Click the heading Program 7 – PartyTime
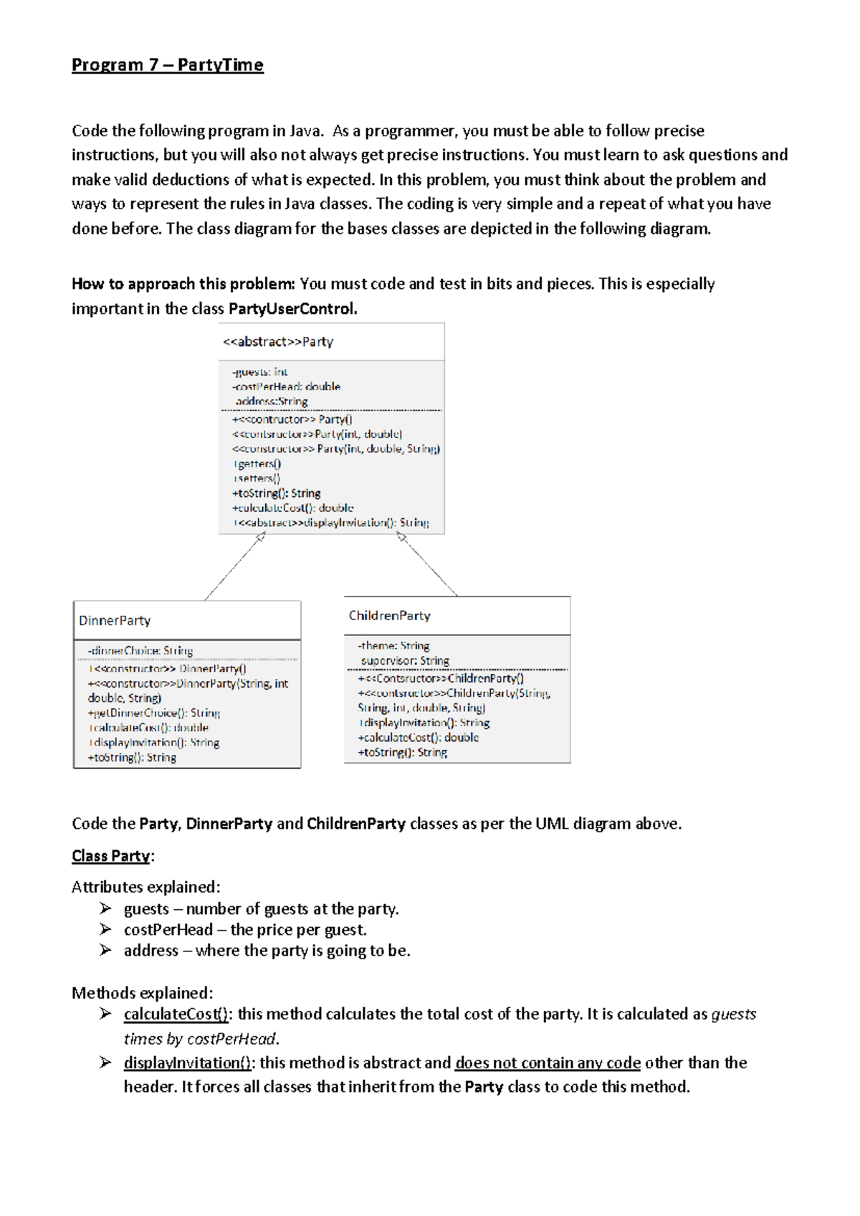[167, 65]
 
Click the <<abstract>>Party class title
[278, 342]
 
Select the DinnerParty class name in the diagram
[115, 621]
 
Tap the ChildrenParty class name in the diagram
[389, 616]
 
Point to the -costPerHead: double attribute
[286, 386]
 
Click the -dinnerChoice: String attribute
[140, 651]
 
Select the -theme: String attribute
[393, 646]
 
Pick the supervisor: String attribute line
[405, 661]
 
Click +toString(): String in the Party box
[276, 493]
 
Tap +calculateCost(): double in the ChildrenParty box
[418, 738]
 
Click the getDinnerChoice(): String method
[153, 713]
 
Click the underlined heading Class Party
[111, 856]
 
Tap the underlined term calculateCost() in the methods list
[176, 1015]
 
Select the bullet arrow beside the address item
[106, 951]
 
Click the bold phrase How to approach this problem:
[183, 284]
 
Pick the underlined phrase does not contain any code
[548, 1063]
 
